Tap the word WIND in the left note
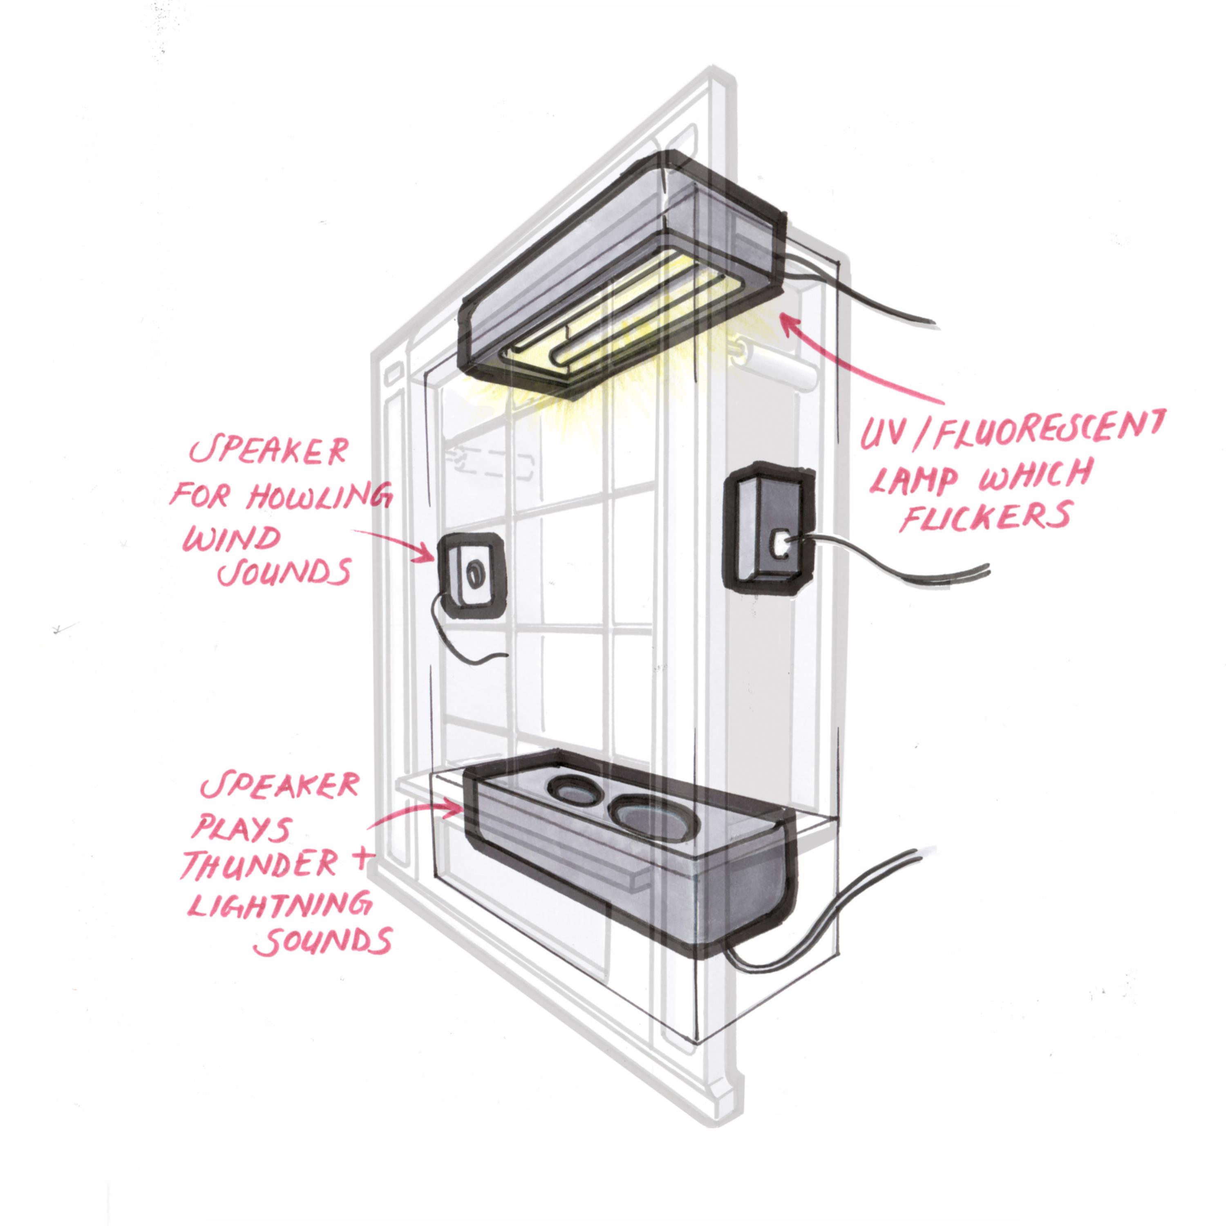(232, 539)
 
